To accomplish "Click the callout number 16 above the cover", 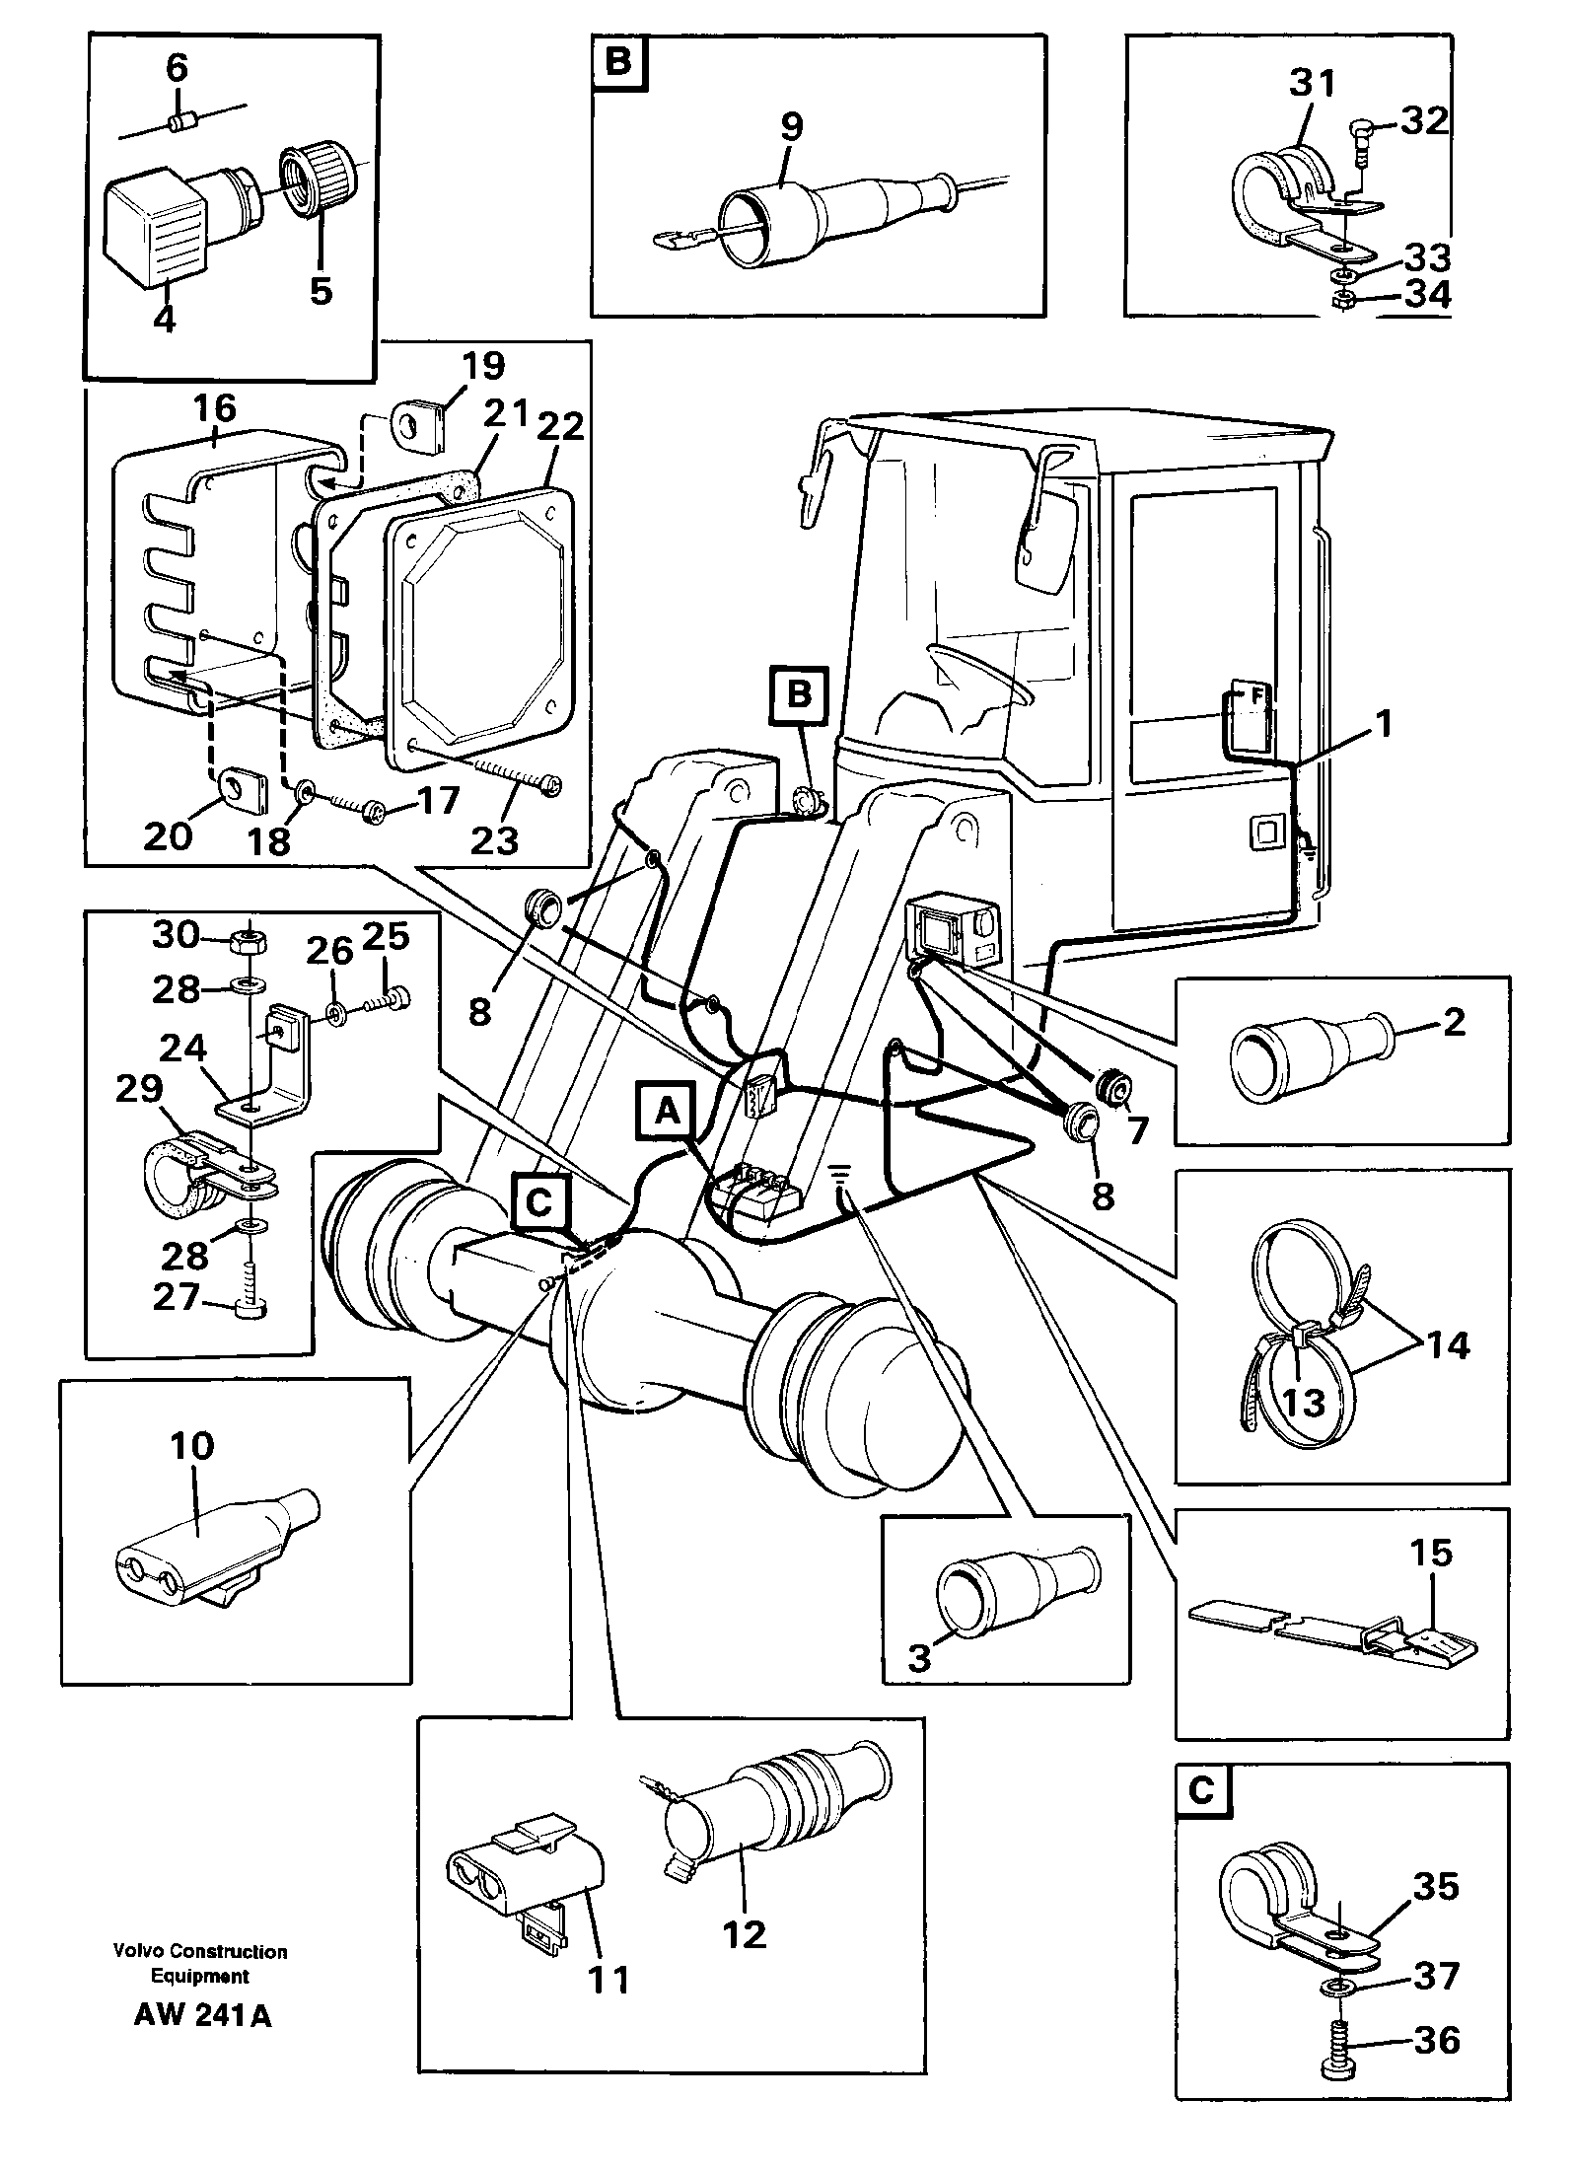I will (216, 407).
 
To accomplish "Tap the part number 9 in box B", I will (790, 126).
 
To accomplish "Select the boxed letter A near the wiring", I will (669, 1112).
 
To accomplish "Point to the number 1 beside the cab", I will (1385, 725).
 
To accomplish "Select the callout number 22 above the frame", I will (558, 427).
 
